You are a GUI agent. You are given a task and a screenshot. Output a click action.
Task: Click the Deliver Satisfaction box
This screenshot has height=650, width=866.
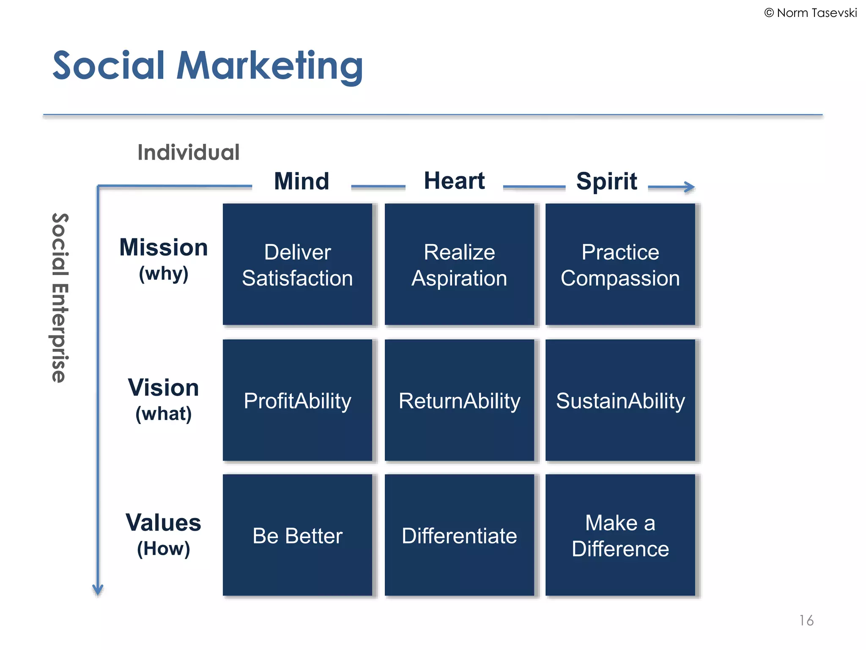click(x=297, y=264)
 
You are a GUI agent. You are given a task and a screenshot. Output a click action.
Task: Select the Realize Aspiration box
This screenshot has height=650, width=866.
click(x=459, y=264)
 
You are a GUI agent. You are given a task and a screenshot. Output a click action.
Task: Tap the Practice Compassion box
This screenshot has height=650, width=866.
click(x=620, y=264)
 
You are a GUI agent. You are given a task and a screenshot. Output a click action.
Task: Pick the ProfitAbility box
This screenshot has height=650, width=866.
click(x=297, y=400)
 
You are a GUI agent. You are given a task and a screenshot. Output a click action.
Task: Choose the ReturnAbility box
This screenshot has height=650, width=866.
click(x=459, y=400)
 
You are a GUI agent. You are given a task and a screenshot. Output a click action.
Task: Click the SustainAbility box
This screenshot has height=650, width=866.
click(x=620, y=400)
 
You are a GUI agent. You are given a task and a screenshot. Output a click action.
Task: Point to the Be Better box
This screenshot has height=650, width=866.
click(x=297, y=535)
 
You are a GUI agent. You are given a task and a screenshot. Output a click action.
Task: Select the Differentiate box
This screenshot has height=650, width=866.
click(x=459, y=535)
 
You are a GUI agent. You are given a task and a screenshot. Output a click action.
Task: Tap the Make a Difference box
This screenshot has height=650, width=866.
click(x=620, y=535)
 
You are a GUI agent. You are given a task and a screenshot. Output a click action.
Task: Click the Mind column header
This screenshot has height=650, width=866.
click(x=301, y=181)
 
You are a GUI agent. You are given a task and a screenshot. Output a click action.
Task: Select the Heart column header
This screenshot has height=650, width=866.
click(x=454, y=181)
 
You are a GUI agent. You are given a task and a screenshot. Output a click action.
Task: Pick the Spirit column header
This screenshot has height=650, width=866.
click(x=606, y=181)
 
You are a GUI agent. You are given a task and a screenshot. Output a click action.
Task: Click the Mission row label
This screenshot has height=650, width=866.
click(x=164, y=248)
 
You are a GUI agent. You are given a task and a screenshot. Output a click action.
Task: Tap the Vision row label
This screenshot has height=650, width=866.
click(x=164, y=388)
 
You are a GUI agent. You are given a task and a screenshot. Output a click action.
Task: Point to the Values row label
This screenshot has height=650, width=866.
click(x=164, y=523)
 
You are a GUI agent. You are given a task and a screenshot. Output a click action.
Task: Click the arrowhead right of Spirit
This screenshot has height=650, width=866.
click(x=690, y=187)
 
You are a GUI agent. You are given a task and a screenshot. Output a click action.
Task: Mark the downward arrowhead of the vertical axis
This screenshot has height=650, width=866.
click(x=98, y=589)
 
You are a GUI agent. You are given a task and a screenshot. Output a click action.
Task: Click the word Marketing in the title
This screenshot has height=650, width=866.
click(x=269, y=66)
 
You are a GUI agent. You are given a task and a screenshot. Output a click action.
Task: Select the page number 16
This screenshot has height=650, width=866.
click(x=806, y=620)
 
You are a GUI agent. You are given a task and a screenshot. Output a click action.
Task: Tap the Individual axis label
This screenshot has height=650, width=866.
click(x=189, y=152)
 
